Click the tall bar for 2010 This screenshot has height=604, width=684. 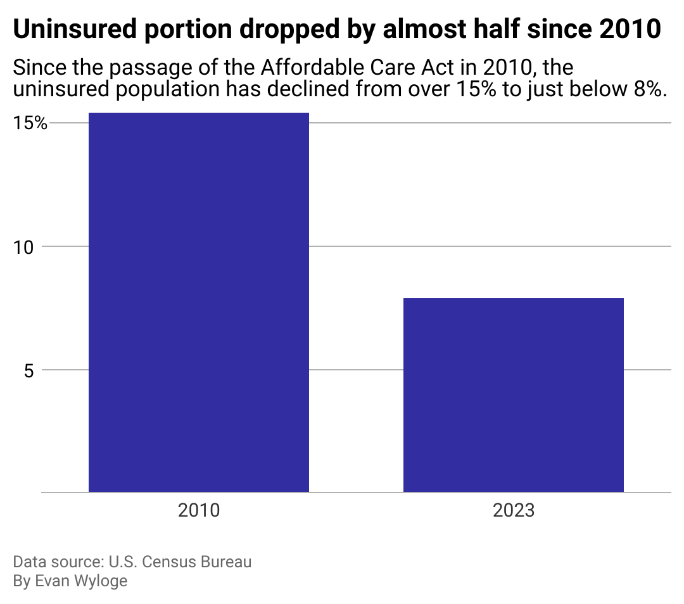point(198,302)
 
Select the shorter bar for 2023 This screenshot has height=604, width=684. point(514,394)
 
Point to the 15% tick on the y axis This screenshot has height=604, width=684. point(31,123)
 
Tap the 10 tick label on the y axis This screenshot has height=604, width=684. point(25,247)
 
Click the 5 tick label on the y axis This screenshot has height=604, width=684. point(29,370)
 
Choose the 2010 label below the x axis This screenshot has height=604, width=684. point(198,510)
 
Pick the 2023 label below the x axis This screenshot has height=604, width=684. point(514,510)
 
